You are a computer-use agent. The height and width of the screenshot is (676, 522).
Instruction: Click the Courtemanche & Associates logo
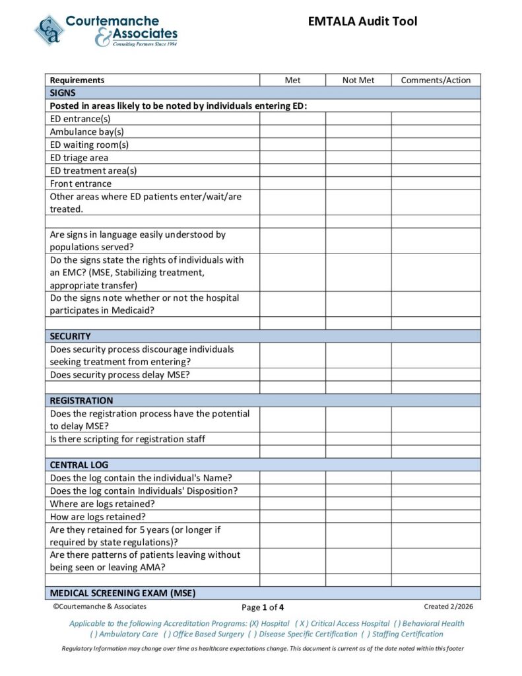pyautogui.click(x=106, y=30)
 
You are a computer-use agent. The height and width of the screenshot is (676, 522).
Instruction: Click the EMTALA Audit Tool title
pyautogui.click(x=362, y=22)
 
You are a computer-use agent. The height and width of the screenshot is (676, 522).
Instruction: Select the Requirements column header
pyautogui.click(x=77, y=80)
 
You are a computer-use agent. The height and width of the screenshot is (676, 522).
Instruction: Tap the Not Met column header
pyautogui.click(x=358, y=80)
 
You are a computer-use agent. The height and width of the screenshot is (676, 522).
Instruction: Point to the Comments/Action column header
pyautogui.click(x=436, y=80)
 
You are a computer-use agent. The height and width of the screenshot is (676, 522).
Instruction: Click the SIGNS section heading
pyautogui.click(x=63, y=93)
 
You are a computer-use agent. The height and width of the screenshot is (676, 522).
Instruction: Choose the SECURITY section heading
pyautogui.click(x=71, y=336)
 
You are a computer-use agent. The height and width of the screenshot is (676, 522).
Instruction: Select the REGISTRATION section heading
pyautogui.click(x=81, y=400)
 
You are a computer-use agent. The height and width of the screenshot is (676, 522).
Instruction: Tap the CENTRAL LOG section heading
pyautogui.click(x=79, y=465)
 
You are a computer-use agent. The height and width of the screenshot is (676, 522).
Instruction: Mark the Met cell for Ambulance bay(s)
pyautogui.click(x=292, y=131)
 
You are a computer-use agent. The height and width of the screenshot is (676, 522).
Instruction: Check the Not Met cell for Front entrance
pyautogui.click(x=358, y=183)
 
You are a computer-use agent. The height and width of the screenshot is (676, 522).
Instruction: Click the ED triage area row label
pyautogui.click(x=79, y=158)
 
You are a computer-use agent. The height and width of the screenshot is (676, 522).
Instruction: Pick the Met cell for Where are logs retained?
pyautogui.click(x=292, y=503)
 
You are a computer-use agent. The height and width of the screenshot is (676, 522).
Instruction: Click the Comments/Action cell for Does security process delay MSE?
pyautogui.click(x=436, y=374)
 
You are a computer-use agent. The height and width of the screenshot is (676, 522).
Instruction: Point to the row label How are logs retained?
pyautogui.click(x=98, y=516)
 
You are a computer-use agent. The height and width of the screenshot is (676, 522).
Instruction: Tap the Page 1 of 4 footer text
pyautogui.click(x=263, y=607)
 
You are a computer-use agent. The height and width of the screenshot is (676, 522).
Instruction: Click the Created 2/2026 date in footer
pyautogui.click(x=448, y=606)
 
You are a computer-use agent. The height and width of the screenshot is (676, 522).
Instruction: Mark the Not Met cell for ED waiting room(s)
pyautogui.click(x=358, y=145)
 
